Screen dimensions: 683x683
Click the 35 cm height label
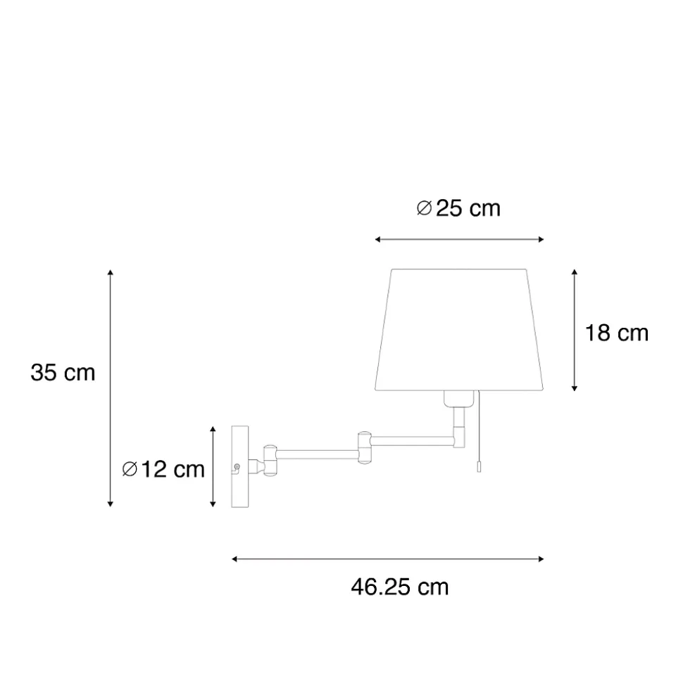point(63,373)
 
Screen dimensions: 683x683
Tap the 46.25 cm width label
point(399,587)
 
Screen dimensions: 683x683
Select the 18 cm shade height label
point(616,333)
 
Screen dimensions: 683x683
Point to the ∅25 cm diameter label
point(458,208)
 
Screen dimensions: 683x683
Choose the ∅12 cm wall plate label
point(163,469)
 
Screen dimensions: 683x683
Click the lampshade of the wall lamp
point(459,330)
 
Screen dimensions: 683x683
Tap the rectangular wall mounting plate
point(240,466)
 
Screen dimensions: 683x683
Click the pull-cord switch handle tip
point(479,466)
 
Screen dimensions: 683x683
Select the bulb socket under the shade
point(459,399)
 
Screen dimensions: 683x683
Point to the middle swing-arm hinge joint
point(364,447)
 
